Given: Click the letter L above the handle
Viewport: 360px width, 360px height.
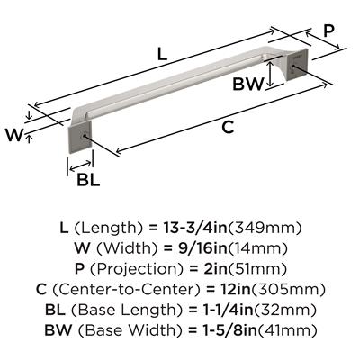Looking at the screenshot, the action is click(x=162, y=54).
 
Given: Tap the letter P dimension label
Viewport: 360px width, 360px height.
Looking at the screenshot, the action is click(x=328, y=31).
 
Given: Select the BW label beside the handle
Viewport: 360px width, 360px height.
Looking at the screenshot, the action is click(x=247, y=84).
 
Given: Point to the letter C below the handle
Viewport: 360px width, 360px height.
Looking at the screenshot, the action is click(x=228, y=128).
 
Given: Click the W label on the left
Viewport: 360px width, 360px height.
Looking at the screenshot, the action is click(x=14, y=135).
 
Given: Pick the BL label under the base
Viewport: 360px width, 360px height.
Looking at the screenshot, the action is click(x=88, y=180).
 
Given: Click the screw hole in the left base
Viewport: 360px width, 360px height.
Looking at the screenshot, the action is click(x=85, y=136).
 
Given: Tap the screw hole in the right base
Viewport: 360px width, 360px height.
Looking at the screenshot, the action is click(x=293, y=67).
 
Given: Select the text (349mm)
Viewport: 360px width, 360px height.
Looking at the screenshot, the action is click(x=265, y=229).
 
